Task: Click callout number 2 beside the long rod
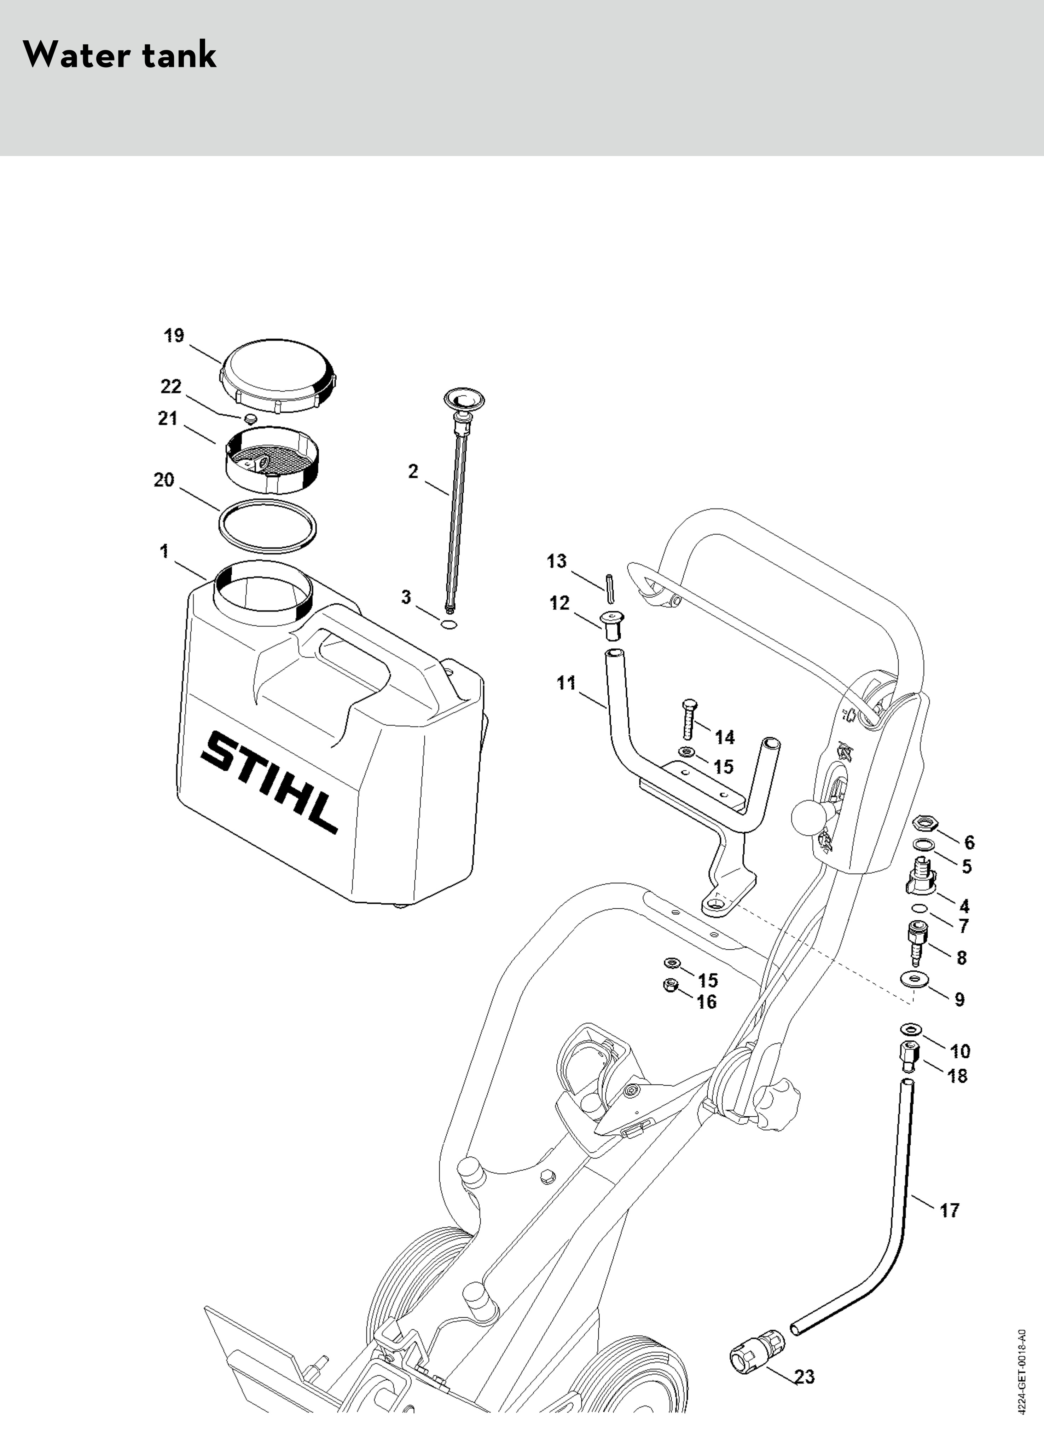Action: point(413,472)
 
